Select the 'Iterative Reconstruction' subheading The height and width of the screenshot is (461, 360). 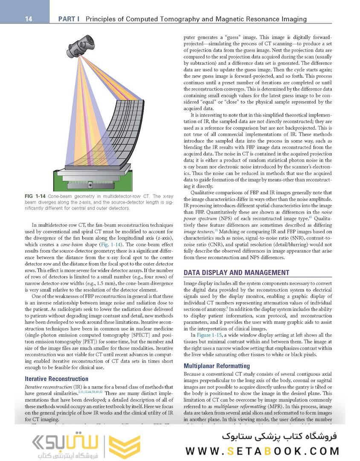[57, 379]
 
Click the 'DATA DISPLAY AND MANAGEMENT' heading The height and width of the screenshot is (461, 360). [236, 272]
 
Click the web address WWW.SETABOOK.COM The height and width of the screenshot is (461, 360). [263, 450]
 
